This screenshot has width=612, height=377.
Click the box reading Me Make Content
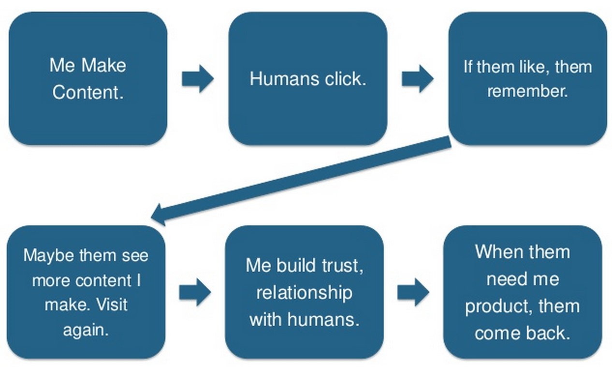pyautogui.click(x=88, y=78)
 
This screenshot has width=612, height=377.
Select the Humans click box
pyautogui.click(x=307, y=78)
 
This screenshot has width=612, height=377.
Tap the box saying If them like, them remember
pyautogui.click(x=527, y=78)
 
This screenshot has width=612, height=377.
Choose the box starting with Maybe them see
pyautogui.click(x=86, y=292)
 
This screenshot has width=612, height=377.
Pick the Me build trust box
pyautogui.click(x=304, y=292)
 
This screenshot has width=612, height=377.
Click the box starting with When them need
pyautogui.click(x=522, y=292)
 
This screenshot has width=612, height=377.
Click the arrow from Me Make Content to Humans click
pyautogui.click(x=197, y=78)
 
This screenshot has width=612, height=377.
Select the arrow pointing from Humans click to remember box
pyautogui.click(x=417, y=78)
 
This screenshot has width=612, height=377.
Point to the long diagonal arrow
pyautogui.click(x=300, y=181)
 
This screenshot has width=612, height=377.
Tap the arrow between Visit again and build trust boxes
pyautogui.click(x=195, y=292)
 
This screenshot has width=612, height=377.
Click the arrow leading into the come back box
pyautogui.click(x=413, y=292)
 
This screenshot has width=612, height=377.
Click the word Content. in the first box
pyautogui.click(x=88, y=92)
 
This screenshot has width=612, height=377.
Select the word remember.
pyautogui.click(x=527, y=91)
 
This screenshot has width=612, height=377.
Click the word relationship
pyautogui.click(x=304, y=292)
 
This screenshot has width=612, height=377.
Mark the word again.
pyautogui.click(x=86, y=330)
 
